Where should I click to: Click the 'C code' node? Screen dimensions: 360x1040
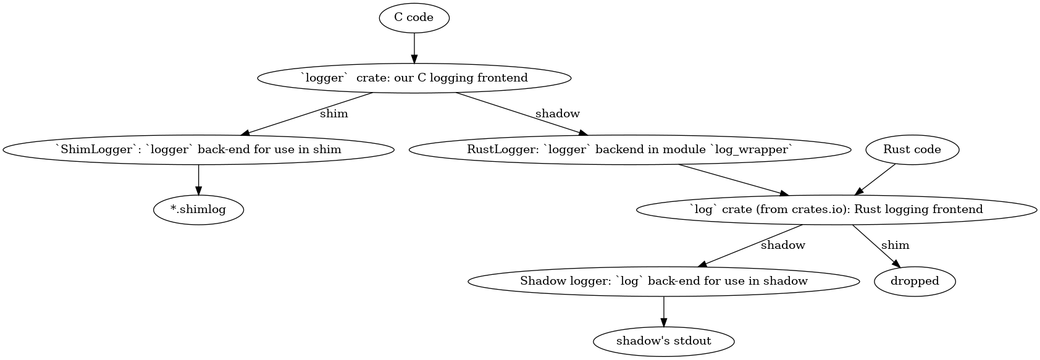click(414, 17)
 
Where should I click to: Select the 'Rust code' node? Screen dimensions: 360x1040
click(912, 149)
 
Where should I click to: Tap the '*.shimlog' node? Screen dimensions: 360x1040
click(198, 209)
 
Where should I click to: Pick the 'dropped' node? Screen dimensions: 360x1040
click(914, 281)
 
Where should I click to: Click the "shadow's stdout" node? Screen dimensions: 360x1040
click(663, 341)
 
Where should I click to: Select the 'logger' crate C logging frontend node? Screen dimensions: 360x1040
click(414, 78)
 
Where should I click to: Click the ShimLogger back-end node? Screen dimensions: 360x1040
click(198, 149)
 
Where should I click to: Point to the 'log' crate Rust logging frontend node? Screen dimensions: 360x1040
click(836, 209)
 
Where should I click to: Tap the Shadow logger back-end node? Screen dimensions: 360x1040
click(663, 281)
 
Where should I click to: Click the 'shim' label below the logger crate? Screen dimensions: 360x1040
click(333, 114)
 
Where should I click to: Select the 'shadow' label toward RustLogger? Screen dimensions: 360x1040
click(557, 114)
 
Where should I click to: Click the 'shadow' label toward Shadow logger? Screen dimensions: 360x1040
click(782, 245)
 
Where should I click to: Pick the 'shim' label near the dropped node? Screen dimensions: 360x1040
click(895, 245)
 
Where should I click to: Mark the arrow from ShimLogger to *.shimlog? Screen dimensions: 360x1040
click(198, 180)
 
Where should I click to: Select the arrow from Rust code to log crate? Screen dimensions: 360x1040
click(874, 179)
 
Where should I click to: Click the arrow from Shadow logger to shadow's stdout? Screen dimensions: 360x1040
click(663, 311)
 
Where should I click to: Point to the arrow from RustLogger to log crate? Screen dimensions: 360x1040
click(732, 180)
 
